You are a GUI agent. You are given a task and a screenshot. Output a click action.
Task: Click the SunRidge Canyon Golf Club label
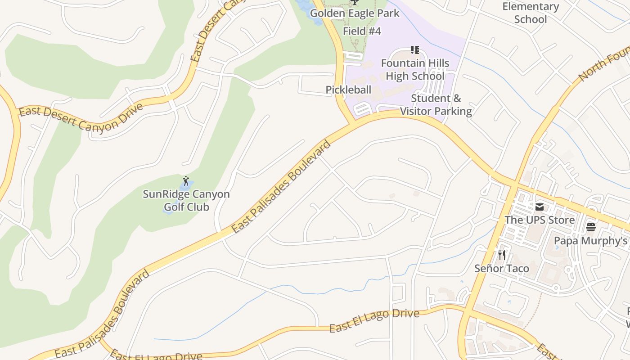186,201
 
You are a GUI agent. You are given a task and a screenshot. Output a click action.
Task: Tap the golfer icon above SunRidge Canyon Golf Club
186,181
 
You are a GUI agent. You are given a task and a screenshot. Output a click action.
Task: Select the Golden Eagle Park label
354,13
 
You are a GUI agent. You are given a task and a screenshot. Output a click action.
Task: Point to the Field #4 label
362,31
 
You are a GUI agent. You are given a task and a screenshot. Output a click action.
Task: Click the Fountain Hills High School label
415,70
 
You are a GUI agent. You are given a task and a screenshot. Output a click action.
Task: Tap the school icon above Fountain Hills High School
414,50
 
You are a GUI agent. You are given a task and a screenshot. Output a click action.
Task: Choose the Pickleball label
348,90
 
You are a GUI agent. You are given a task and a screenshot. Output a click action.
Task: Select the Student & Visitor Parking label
436,105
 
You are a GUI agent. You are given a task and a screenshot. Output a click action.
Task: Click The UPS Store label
539,220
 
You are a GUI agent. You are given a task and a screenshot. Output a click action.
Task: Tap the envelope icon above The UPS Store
539,207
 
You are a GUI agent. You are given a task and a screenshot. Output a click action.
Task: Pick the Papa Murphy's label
590,241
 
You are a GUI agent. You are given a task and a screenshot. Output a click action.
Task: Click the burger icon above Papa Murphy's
590,227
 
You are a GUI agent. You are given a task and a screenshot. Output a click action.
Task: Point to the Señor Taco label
501,269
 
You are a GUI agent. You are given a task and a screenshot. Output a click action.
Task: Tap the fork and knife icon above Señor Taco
501,255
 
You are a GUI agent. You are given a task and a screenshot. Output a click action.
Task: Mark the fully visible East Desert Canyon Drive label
81,117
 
